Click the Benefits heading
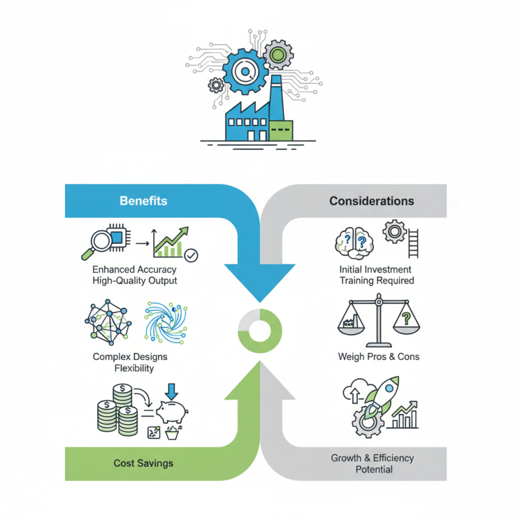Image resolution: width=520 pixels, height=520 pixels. [143, 201]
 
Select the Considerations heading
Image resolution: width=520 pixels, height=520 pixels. [371, 201]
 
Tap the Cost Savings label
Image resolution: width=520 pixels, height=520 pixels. [143, 463]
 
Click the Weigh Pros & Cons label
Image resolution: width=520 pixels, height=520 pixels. [379, 357]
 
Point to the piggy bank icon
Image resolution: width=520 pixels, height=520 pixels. [172, 411]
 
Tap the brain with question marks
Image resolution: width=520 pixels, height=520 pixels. [354, 243]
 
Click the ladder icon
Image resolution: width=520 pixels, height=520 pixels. [413, 243]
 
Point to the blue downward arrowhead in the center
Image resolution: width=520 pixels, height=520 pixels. [259, 282]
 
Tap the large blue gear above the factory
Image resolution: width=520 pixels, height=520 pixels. [245, 71]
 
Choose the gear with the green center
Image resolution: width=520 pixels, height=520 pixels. [278, 55]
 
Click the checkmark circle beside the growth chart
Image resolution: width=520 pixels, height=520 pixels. [191, 255]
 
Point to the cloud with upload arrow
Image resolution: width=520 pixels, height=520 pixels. [355, 391]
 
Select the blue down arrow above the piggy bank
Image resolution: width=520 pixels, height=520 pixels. [172, 392]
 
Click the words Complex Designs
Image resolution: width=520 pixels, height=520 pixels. [130, 357]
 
